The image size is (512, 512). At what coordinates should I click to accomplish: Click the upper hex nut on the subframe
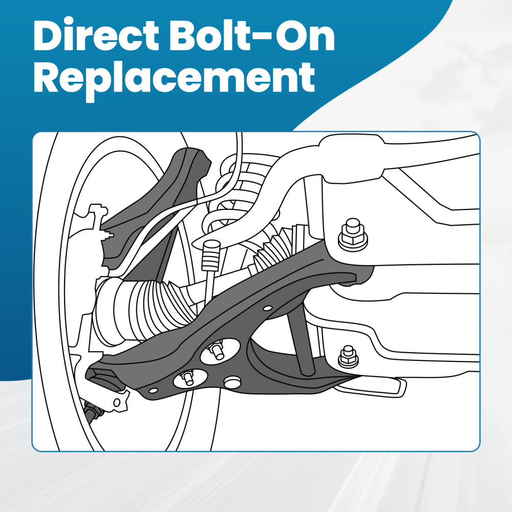[x=352, y=235]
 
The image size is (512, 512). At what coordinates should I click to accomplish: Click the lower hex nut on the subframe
[x=349, y=355]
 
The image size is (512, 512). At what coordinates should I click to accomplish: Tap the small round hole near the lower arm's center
[x=267, y=309]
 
